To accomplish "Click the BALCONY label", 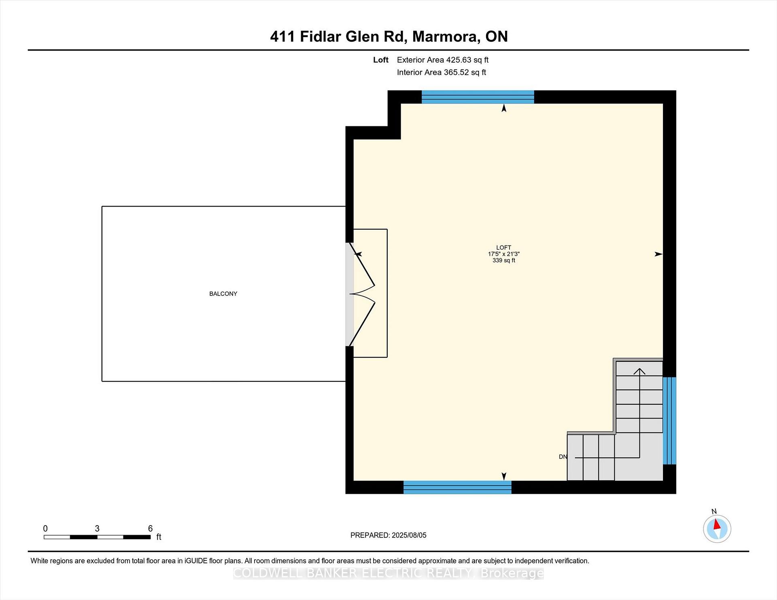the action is [x=223, y=294].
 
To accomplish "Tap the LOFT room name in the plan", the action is [x=504, y=247].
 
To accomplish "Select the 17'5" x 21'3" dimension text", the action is [x=504, y=254].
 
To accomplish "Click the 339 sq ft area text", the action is [x=504, y=260].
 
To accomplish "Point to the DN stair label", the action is [x=563, y=457].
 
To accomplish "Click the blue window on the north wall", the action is [x=478, y=97].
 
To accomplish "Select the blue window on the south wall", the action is [x=457, y=487].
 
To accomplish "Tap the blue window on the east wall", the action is [x=669, y=421].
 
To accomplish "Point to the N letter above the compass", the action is [x=714, y=511].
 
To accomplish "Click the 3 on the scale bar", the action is [x=97, y=528].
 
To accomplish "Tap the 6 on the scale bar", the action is [x=151, y=528].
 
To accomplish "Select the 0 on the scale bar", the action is [x=45, y=528].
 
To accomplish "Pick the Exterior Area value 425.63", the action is [x=459, y=60].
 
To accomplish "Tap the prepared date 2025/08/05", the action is [x=409, y=535].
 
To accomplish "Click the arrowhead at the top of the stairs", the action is [x=639, y=371].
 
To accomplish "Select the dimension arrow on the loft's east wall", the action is [x=659, y=254].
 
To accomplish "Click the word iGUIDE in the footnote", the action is [x=196, y=561].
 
